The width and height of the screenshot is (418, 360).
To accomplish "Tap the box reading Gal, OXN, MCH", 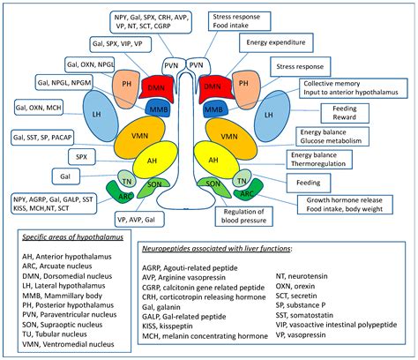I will [x=41, y=109].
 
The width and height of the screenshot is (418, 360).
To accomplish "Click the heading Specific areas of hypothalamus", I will [x=73, y=236].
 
